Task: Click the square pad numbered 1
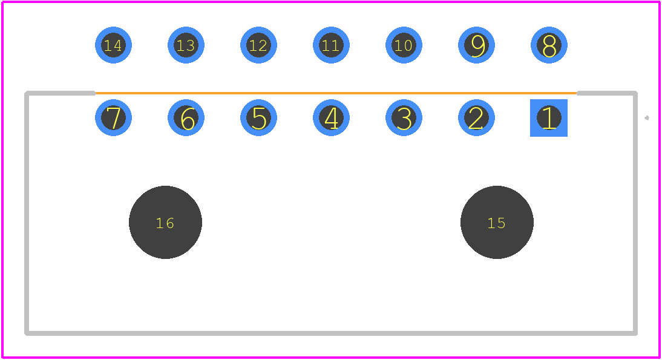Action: click(549, 118)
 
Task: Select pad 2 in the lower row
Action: click(476, 118)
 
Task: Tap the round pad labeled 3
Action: click(404, 118)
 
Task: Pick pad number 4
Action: click(331, 118)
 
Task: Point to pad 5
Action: click(258, 118)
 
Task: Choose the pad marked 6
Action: click(186, 118)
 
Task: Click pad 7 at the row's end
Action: click(113, 118)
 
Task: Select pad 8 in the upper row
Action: click(549, 45)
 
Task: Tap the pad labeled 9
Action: click(476, 45)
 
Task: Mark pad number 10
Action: click(404, 45)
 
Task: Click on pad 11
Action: click(331, 45)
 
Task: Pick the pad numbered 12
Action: click(258, 45)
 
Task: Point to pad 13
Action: click(186, 45)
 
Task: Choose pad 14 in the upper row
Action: click(113, 45)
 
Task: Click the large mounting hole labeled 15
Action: click(497, 222)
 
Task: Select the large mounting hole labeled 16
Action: click(166, 222)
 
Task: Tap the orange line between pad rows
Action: click(336, 93)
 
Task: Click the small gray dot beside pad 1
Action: click(646, 118)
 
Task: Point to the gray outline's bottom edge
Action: click(331, 333)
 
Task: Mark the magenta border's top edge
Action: click(331, 2)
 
